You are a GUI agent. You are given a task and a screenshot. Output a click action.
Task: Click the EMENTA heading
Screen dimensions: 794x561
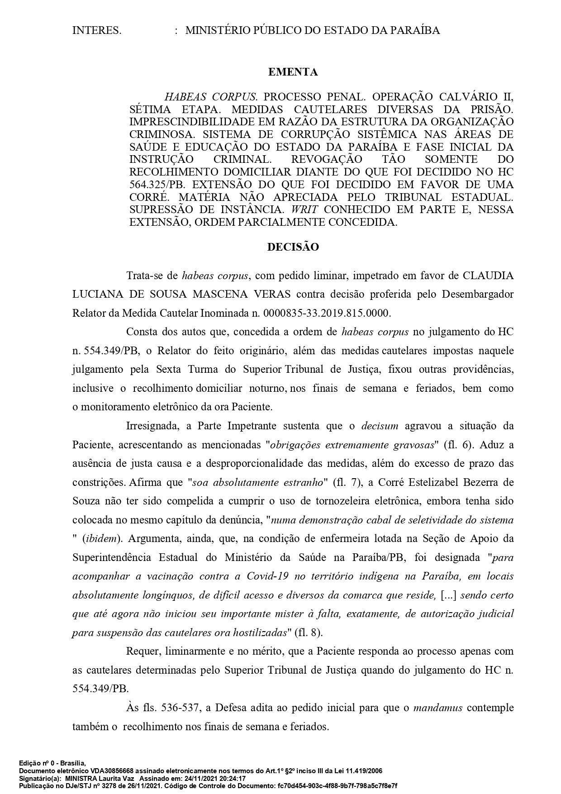coord(293,72)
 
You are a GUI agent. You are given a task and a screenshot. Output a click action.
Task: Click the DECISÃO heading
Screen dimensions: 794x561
coord(293,247)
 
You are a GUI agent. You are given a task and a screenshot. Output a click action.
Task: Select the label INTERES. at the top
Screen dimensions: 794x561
coord(96,30)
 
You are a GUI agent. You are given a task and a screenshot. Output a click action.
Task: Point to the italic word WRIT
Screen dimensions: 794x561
coord(306,209)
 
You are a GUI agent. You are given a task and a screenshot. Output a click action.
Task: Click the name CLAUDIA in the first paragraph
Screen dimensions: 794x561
coord(488,276)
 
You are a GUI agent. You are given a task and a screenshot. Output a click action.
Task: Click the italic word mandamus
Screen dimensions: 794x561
coord(437,708)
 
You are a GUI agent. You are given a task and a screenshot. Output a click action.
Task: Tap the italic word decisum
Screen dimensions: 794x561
coord(380,426)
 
